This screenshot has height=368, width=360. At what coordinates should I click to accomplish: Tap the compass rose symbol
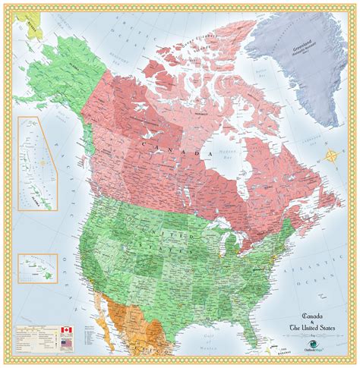(332, 157)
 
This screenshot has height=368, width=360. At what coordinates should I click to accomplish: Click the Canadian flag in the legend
(65, 332)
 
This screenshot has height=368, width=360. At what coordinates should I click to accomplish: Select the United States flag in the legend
(65, 342)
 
